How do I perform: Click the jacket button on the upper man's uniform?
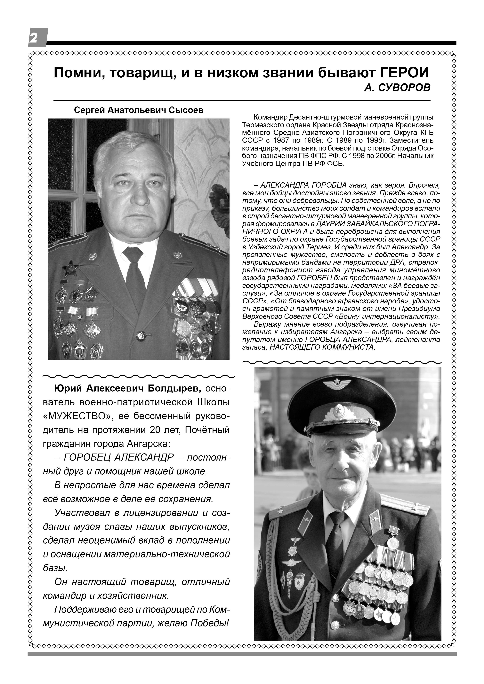pyautogui.click(x=140, y=336)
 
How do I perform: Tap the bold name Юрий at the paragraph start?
pyautogui.click(x=68, y=389)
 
